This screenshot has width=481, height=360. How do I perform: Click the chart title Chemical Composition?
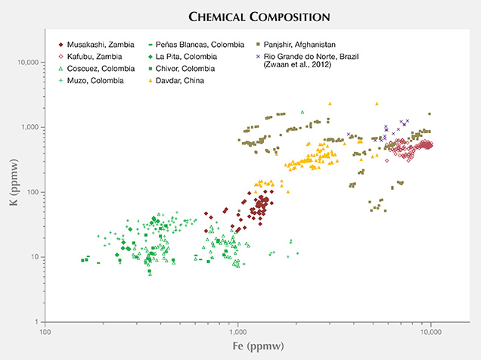pos(240,14)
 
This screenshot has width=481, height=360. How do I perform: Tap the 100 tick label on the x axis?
pos(45,331)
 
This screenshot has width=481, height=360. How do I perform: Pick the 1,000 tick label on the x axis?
pos(238,331)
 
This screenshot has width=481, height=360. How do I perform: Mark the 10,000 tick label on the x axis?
pos(431,331)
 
